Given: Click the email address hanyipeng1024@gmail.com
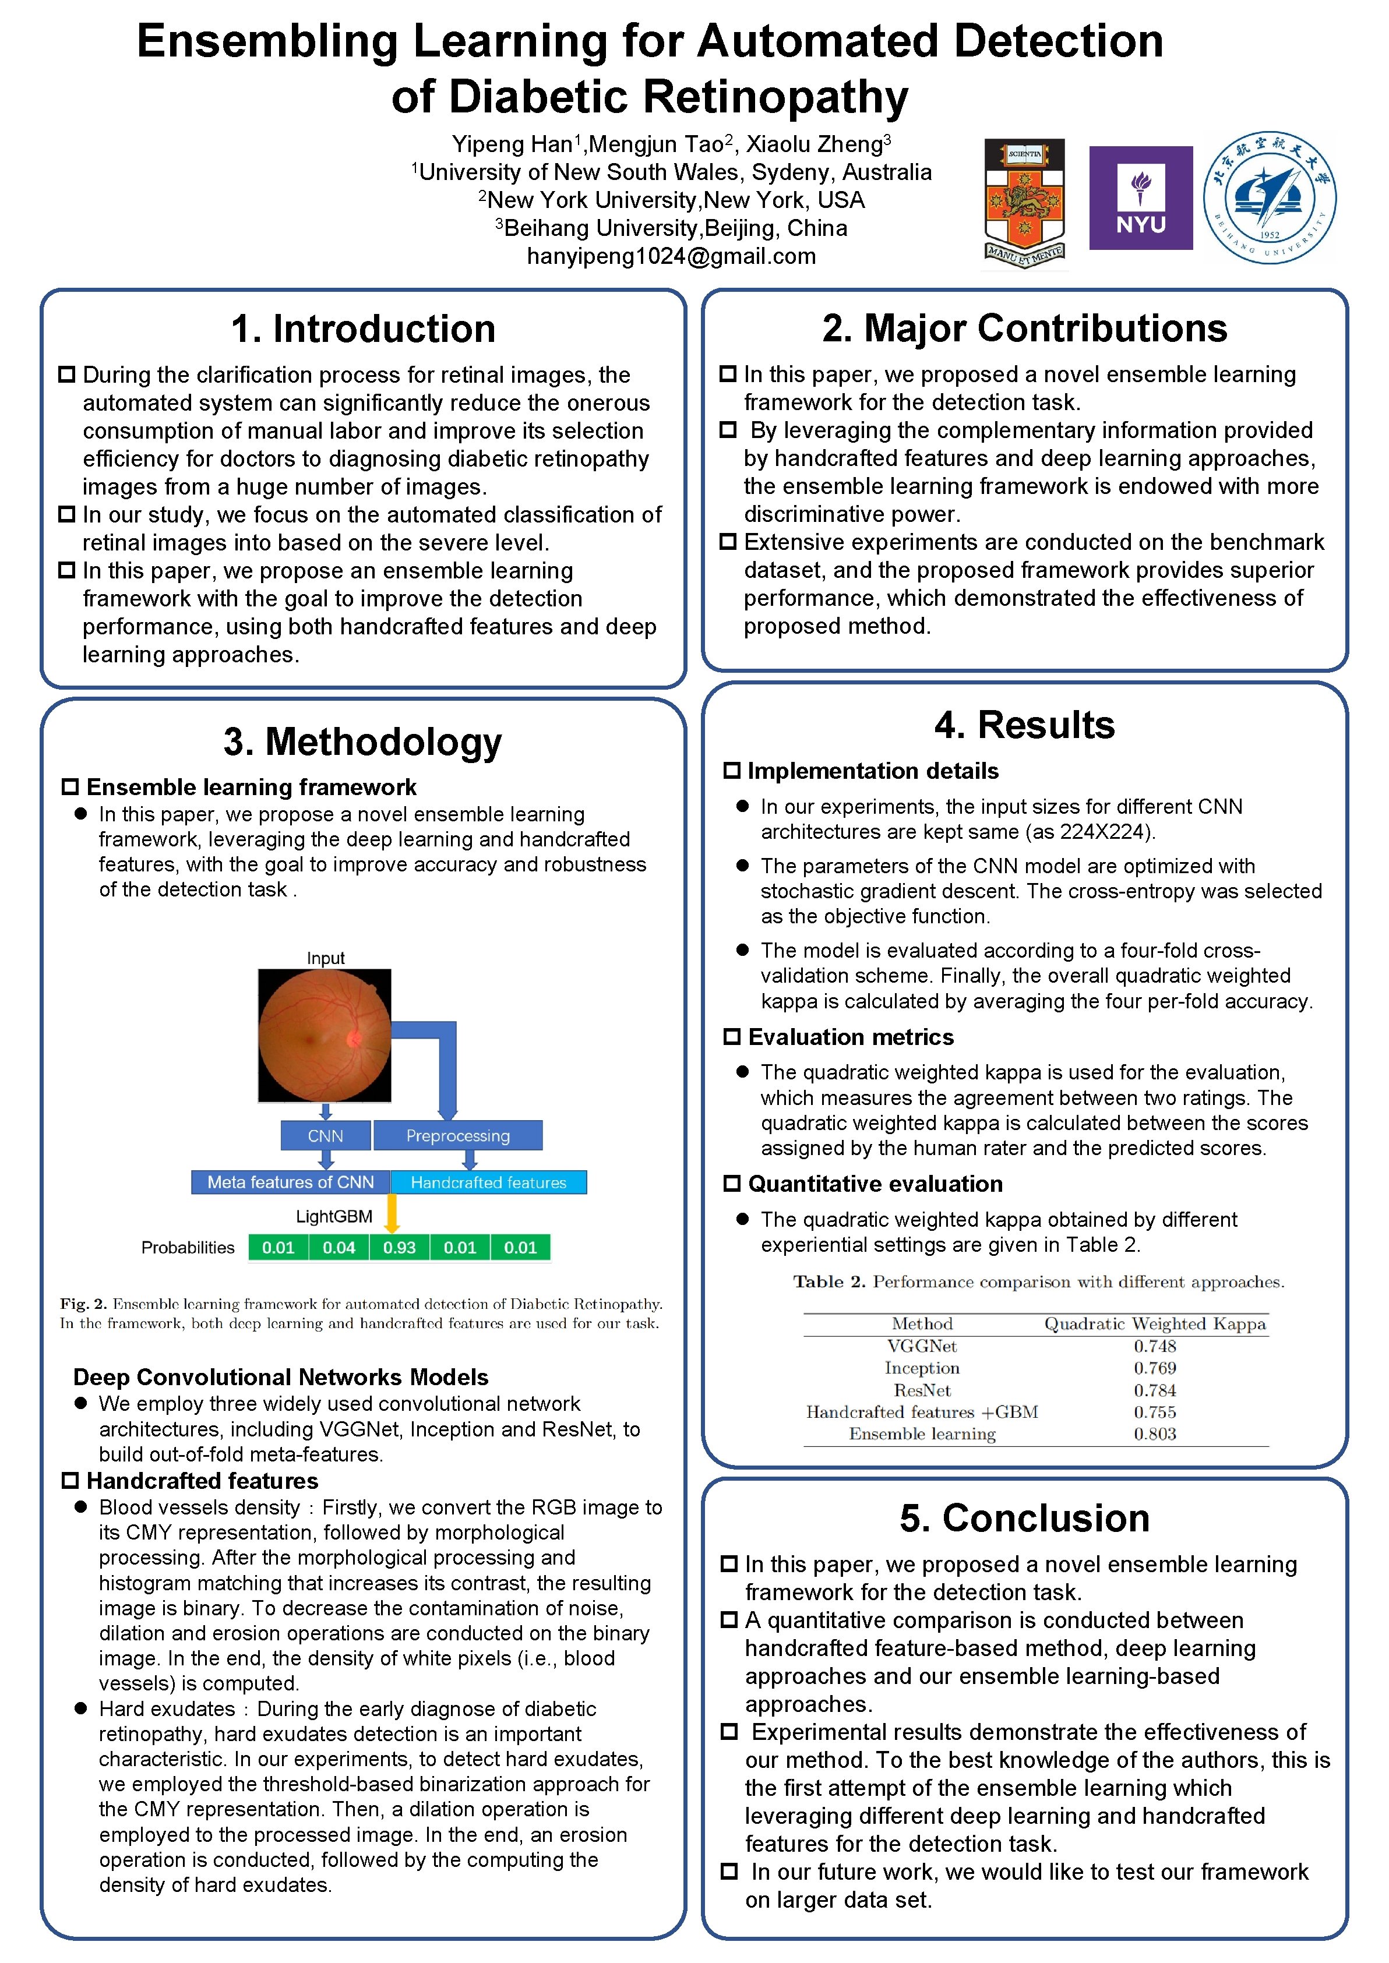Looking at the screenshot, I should tap(671, 256).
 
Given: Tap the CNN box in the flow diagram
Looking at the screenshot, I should tap(325, 1135).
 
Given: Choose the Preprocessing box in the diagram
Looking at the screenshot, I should tap(457, 1135).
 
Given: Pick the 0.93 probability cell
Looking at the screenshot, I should tap(400, 1247).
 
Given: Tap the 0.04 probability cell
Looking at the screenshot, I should tap(339, 1247).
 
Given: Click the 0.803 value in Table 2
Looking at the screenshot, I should tap(1155, 1434).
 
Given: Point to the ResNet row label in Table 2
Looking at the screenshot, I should tap(922, 1390).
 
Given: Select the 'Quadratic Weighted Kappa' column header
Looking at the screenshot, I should tap(1155, 1323).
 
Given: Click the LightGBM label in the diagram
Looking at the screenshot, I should tap(334, 1216).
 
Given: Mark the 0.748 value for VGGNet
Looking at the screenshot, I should tap(1155, 1346).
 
